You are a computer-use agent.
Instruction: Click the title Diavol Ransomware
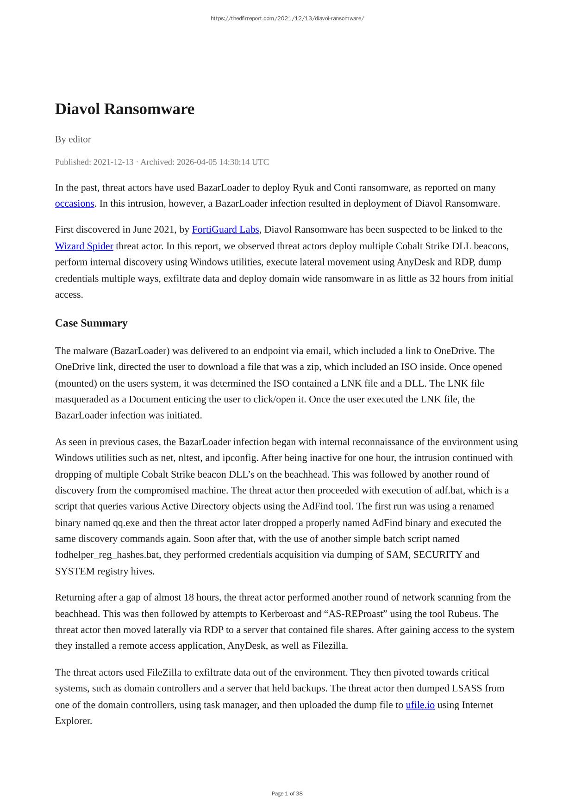pyautogui.click(x=125, y=109)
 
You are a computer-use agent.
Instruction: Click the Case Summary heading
pyautogui.click(x=91, y=323)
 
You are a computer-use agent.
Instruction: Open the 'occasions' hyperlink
pyautogui.click(x=75, y=203)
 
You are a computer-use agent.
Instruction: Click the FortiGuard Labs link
pyautogui.click(x=225, y=229)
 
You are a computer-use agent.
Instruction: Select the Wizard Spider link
pyautogui.click(x=84, y=246)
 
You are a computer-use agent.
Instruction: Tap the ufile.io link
pyautogui.click(x=420, y=705)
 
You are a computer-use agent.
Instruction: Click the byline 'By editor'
pyautogui.click(x=73, y=139)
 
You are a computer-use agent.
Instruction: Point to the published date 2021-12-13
pyautogui.click(x=113, y=162)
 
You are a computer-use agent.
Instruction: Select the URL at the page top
pyautogui.click(x=287, y=18)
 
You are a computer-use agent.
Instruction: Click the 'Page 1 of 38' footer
pyautogui.click(x=287, y=794)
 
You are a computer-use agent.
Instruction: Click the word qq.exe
pyautogui.click(x=125, y=523)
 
